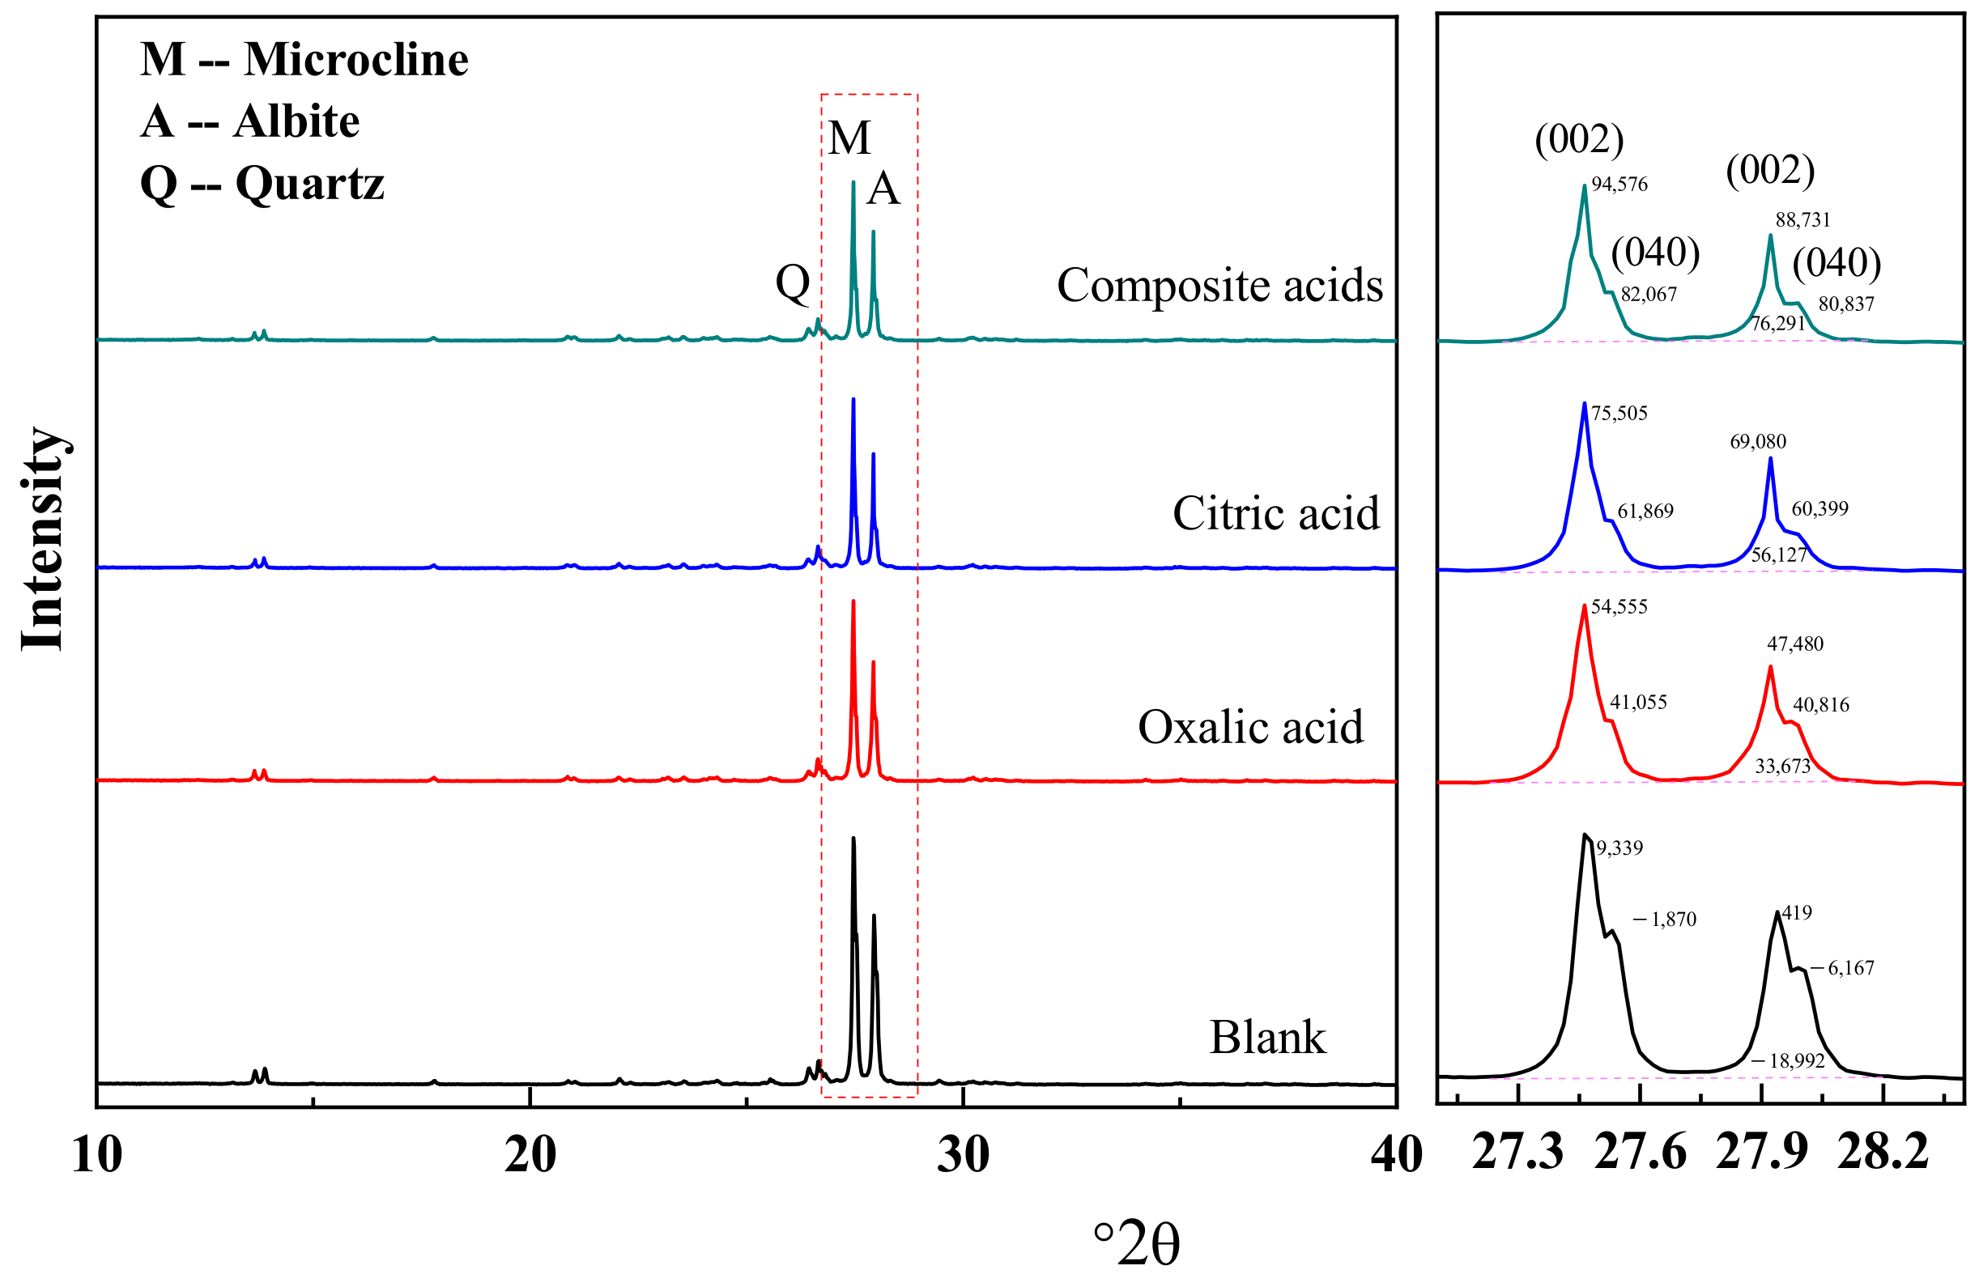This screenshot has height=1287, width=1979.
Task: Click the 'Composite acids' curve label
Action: [1219, 286]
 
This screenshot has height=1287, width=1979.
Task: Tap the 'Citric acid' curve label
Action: [1275, 514]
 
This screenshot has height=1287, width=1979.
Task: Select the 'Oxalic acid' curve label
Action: [1250, 728]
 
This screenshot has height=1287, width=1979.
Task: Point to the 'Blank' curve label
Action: [1267, 1038]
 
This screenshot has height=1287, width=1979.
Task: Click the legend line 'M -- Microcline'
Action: [304, 60]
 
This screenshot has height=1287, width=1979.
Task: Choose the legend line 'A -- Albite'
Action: [249, 121]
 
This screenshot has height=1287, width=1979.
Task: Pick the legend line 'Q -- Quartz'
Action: [262, 184]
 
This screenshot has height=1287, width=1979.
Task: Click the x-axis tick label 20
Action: [530, 1155]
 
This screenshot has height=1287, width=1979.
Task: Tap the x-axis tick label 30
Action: [963, 1155]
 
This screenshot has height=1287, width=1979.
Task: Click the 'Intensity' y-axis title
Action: [43, 539]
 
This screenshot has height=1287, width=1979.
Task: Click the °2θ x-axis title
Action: [1136, 1245]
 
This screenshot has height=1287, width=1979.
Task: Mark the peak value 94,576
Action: [1619, 185]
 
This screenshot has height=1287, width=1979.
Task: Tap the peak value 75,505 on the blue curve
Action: [1619, 413]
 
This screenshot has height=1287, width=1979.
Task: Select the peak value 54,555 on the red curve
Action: [1619, 607]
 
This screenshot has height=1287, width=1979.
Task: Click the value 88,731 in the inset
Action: [1802, 220]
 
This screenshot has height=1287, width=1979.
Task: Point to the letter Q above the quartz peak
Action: [793, 282]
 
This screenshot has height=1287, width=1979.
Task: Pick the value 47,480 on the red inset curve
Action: [1794, 644]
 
